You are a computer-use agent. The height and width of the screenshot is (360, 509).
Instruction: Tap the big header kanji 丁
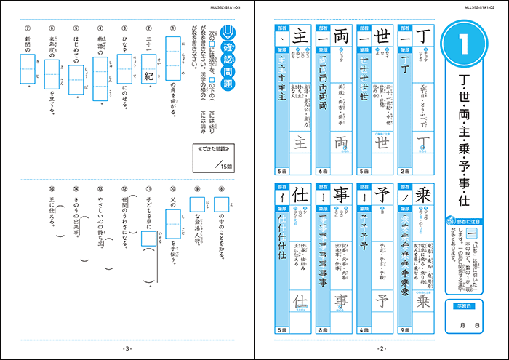click(x=424, y=33)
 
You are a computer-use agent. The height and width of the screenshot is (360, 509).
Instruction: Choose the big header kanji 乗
click(x=424, y=197)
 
